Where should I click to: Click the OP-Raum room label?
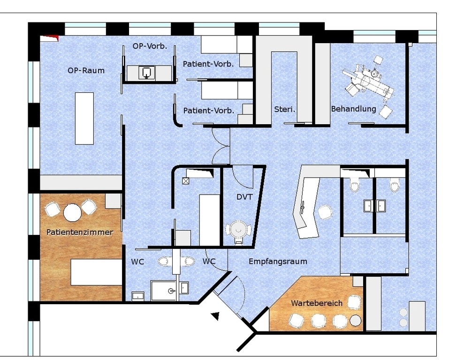86,70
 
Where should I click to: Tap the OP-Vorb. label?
150,46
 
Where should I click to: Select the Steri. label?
284,109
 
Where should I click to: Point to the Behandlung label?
354,109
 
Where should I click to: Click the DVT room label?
244,197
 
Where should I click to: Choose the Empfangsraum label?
278,261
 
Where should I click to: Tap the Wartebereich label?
317,303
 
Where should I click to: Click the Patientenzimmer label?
80,232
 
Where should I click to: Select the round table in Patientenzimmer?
72,213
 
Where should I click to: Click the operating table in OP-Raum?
84,119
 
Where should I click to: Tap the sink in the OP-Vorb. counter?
146,73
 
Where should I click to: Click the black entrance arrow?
215,316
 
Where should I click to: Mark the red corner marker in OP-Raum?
49,38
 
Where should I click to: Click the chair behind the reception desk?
325,212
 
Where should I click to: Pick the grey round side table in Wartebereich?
355,321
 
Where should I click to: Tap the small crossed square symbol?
185,181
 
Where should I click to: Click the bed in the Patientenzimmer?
97,272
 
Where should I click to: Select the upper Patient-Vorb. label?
208,64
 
